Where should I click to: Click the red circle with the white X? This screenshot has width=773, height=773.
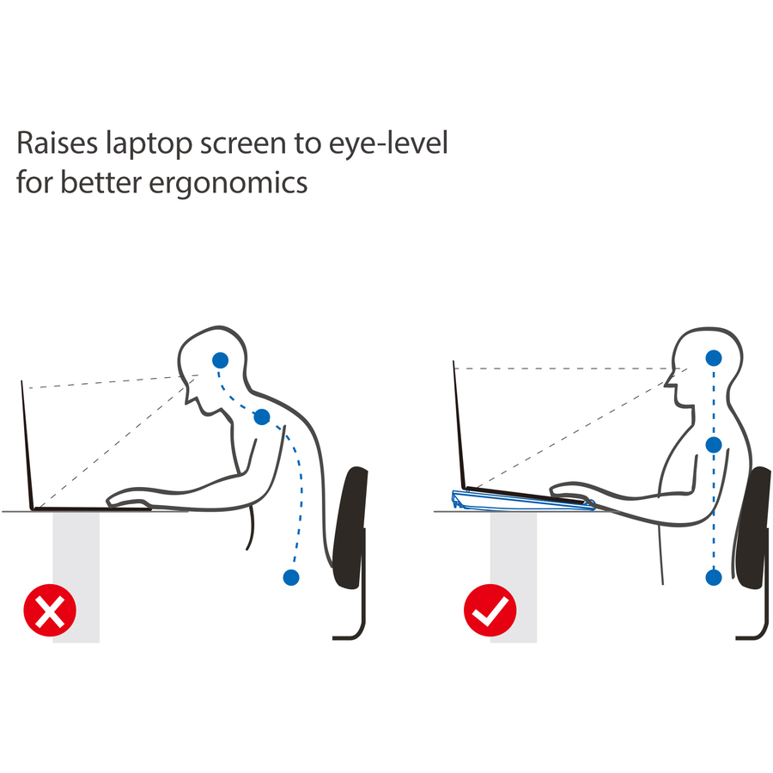tap(50, 611)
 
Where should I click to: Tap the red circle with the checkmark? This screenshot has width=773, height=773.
tap(490, 611)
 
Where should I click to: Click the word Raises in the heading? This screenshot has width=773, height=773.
tap(58, 143)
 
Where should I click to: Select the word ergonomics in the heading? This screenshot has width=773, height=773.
tap(228, 184)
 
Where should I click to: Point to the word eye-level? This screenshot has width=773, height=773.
tap(388, 143)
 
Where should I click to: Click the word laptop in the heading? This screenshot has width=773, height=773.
tap(149, 144)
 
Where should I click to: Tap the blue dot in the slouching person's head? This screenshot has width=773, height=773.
tap(221, 361)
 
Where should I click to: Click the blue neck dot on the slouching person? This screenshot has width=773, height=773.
tap(262, 417)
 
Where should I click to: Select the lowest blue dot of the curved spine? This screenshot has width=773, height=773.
tap(291, 577)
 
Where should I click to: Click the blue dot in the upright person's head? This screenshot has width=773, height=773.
tap(714, 358)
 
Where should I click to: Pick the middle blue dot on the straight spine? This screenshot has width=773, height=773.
tap(714, 445)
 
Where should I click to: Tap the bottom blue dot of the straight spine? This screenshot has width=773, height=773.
tap(714, 577)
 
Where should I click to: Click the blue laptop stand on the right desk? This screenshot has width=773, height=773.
tap(522, 502)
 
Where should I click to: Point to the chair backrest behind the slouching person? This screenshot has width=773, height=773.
tap(351, 527)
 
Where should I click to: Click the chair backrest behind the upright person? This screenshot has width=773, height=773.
tap(752, 527)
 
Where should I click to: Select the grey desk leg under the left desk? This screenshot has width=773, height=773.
tap(76, 577)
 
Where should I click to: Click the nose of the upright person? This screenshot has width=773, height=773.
tap(668, 381)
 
